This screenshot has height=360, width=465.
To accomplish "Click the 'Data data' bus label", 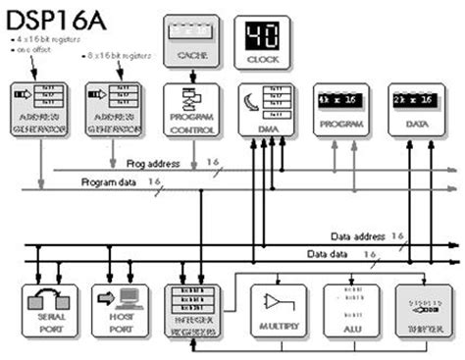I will [333, 255].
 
